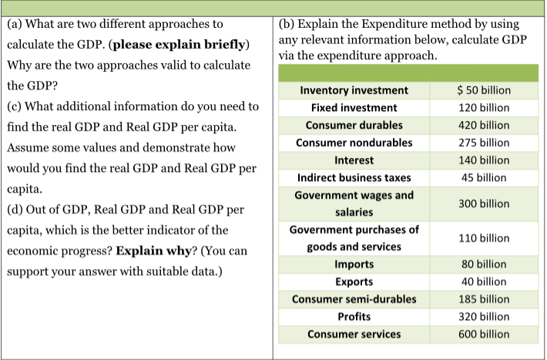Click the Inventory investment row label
coord(354,90)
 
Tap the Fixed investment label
coord(354,108)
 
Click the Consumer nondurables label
coord(354,143)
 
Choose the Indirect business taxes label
coord(354,177)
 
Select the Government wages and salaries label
coord(354,204)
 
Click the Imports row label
coord(354,264)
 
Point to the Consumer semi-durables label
coord(354,299)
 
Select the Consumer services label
coord(354,335)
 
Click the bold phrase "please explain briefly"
coord(181,45)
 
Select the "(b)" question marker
coord(286,25)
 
